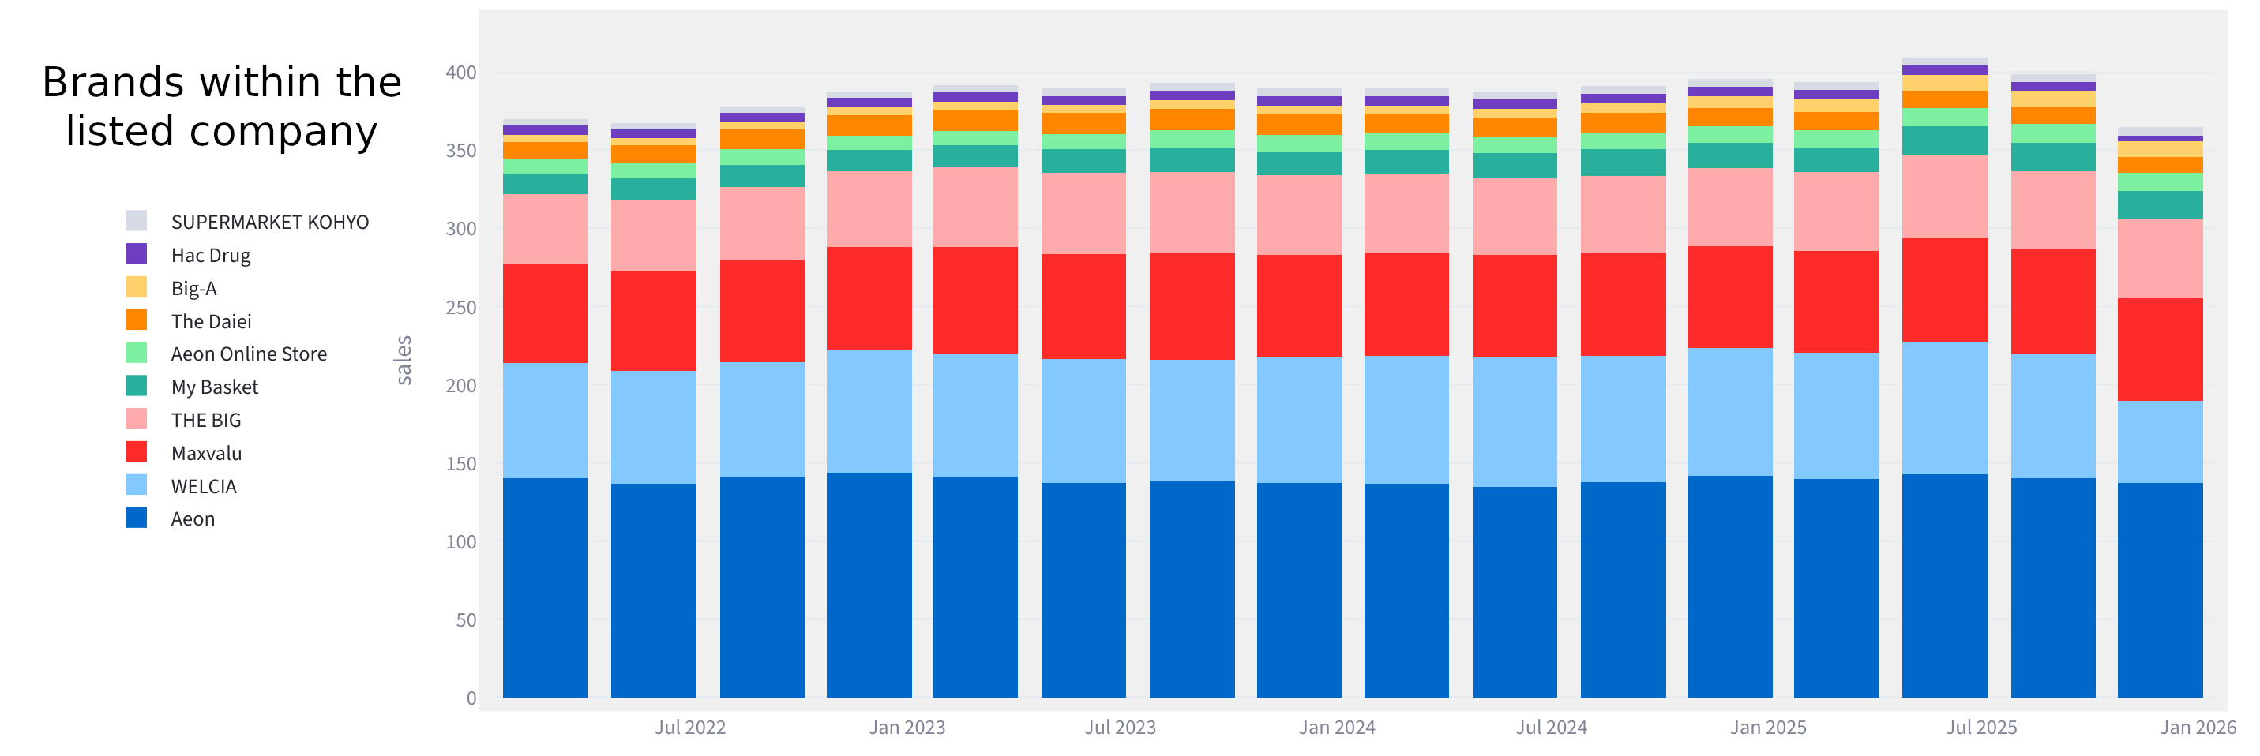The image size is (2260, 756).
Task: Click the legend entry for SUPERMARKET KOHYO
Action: click(x=269, y=222)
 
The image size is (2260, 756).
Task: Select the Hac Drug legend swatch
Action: click(x=136, y=254)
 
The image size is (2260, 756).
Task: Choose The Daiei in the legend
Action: click(x=211, y=321)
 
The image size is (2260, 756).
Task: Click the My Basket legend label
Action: click(x=214, y=387)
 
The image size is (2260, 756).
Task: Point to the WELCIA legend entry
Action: click(x=204, y=487)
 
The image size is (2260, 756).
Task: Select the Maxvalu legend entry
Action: click(x=206, y=454)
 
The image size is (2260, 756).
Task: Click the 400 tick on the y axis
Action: click(x=460, y=73)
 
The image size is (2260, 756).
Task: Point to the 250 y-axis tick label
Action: click(x=460, y=308)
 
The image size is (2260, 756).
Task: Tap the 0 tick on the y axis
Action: click(x=471, y=698)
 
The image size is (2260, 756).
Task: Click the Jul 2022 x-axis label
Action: click(x=689, y=727)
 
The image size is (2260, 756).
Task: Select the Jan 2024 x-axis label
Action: click(x=1336, y=727)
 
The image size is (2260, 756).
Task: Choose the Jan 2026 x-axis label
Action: click(x=2197, y=727)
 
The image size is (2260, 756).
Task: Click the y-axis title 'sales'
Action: click(x=404, y=360)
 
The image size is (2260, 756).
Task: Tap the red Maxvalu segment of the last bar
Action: click(x=2159, y=349)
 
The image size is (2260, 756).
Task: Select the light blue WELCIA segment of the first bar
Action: click(x=545, y=421)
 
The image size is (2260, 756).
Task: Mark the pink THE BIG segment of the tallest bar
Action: click(x=1944, y=196)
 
